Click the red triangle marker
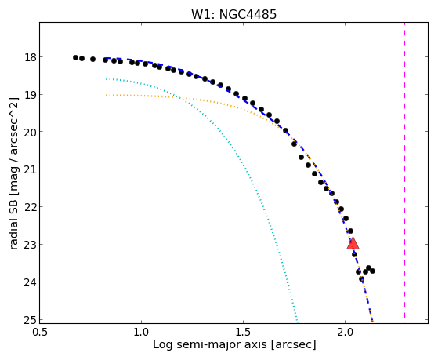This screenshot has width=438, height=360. click(353, 243)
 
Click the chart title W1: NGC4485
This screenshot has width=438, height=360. click(233, 15)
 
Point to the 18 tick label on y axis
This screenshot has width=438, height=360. click(31, 57)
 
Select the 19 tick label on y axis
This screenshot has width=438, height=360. click(31, 95)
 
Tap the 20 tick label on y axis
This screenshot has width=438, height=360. click(31, 132)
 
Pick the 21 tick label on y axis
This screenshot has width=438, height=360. click(31, 169)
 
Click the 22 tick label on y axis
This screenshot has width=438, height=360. click(31, 207)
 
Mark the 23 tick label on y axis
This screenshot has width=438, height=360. click(31, 244)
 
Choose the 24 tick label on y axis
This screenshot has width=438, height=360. click(31, 282)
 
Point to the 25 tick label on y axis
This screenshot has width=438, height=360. click(31, 319)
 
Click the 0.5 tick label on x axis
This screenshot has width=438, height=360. click(40, 333)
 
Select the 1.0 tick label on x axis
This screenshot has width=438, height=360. click(142, 333)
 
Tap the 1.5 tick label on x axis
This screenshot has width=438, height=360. click(244, 333)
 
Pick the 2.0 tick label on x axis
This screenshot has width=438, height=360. click(346, 333)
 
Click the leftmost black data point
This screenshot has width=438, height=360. click(75, 57)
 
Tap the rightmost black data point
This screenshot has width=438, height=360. click(372, 271)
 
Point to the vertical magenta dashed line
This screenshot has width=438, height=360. click(404, 171)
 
